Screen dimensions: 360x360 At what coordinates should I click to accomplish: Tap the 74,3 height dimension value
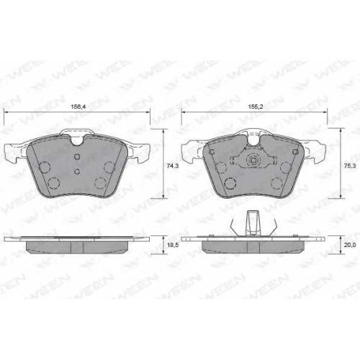point(173,166)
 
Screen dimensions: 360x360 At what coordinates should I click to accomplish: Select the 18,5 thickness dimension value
point(173,246)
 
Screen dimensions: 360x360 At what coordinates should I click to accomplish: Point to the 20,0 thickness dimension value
point(351,245)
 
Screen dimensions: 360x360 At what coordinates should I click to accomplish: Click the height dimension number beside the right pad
point(351,166)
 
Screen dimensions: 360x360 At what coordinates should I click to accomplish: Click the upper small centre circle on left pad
point(77,157)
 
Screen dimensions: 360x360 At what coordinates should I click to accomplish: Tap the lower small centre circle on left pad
point(77,171)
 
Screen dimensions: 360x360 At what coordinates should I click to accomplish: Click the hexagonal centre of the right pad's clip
point(253,161)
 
